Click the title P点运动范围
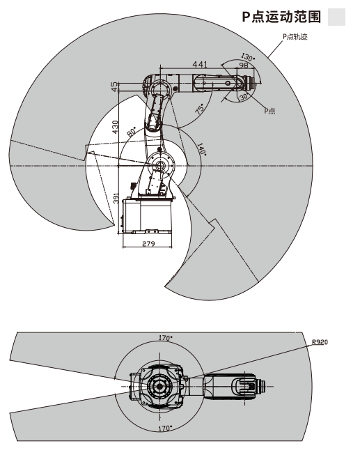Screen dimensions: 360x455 tap(281, 17)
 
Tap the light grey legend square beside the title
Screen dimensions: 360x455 tap(336, 17)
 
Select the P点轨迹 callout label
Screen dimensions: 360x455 tap(295, 37)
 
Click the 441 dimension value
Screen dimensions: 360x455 tap(200, 64)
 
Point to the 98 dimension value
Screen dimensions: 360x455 tap(244, 65)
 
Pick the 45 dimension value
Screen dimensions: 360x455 tap(115, 86)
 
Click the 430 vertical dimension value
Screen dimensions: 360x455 tap(115, 127)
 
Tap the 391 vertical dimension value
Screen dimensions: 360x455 tap(116, 198)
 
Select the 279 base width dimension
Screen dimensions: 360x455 tap(148, 243)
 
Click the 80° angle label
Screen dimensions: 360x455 tap(132, 132)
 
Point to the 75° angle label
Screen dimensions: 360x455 tap(200, 109)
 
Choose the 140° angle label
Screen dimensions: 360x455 tap(202, 149)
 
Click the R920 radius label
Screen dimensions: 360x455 tap(320, 342)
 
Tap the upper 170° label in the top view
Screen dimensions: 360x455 tap(165, 338)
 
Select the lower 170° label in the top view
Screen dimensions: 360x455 tap(165, 428)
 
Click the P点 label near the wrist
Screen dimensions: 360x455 tap(269, 111)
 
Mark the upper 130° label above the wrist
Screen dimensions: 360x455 tap(248, 56)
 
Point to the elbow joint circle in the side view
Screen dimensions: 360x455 tap(159, 87)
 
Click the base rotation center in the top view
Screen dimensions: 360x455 tap(159, 386)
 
